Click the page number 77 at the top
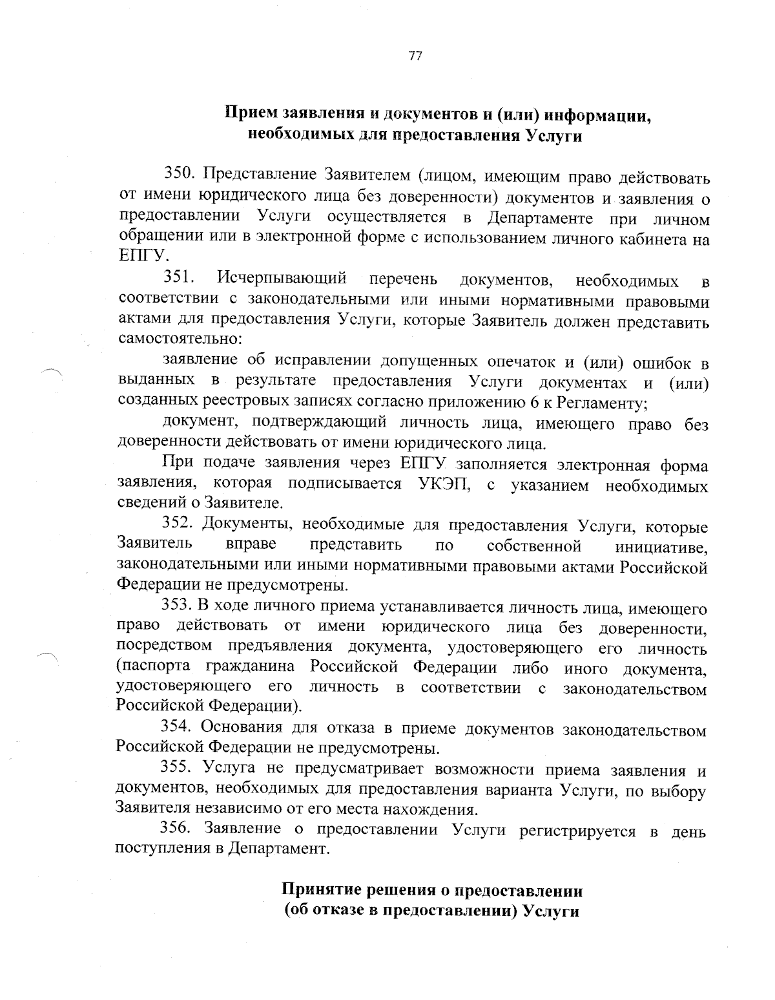(415, 56)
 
